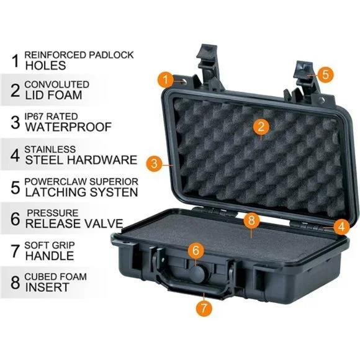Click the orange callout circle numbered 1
[166, 79]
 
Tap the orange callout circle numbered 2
[261, 126]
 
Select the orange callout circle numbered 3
[155, 163]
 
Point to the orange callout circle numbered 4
[341, 227]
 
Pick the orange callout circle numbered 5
[325, 74]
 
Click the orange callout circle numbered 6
[196, 250]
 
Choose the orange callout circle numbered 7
[204, 308]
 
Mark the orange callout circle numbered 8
[251, 220]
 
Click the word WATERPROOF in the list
[68, 127]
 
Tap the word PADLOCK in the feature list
[111, 55]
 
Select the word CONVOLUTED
[56, 84]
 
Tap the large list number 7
[16, 251]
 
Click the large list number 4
[15, 155]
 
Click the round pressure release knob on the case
[197, 274]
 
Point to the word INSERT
[47, 287]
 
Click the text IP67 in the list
[34, 117]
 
